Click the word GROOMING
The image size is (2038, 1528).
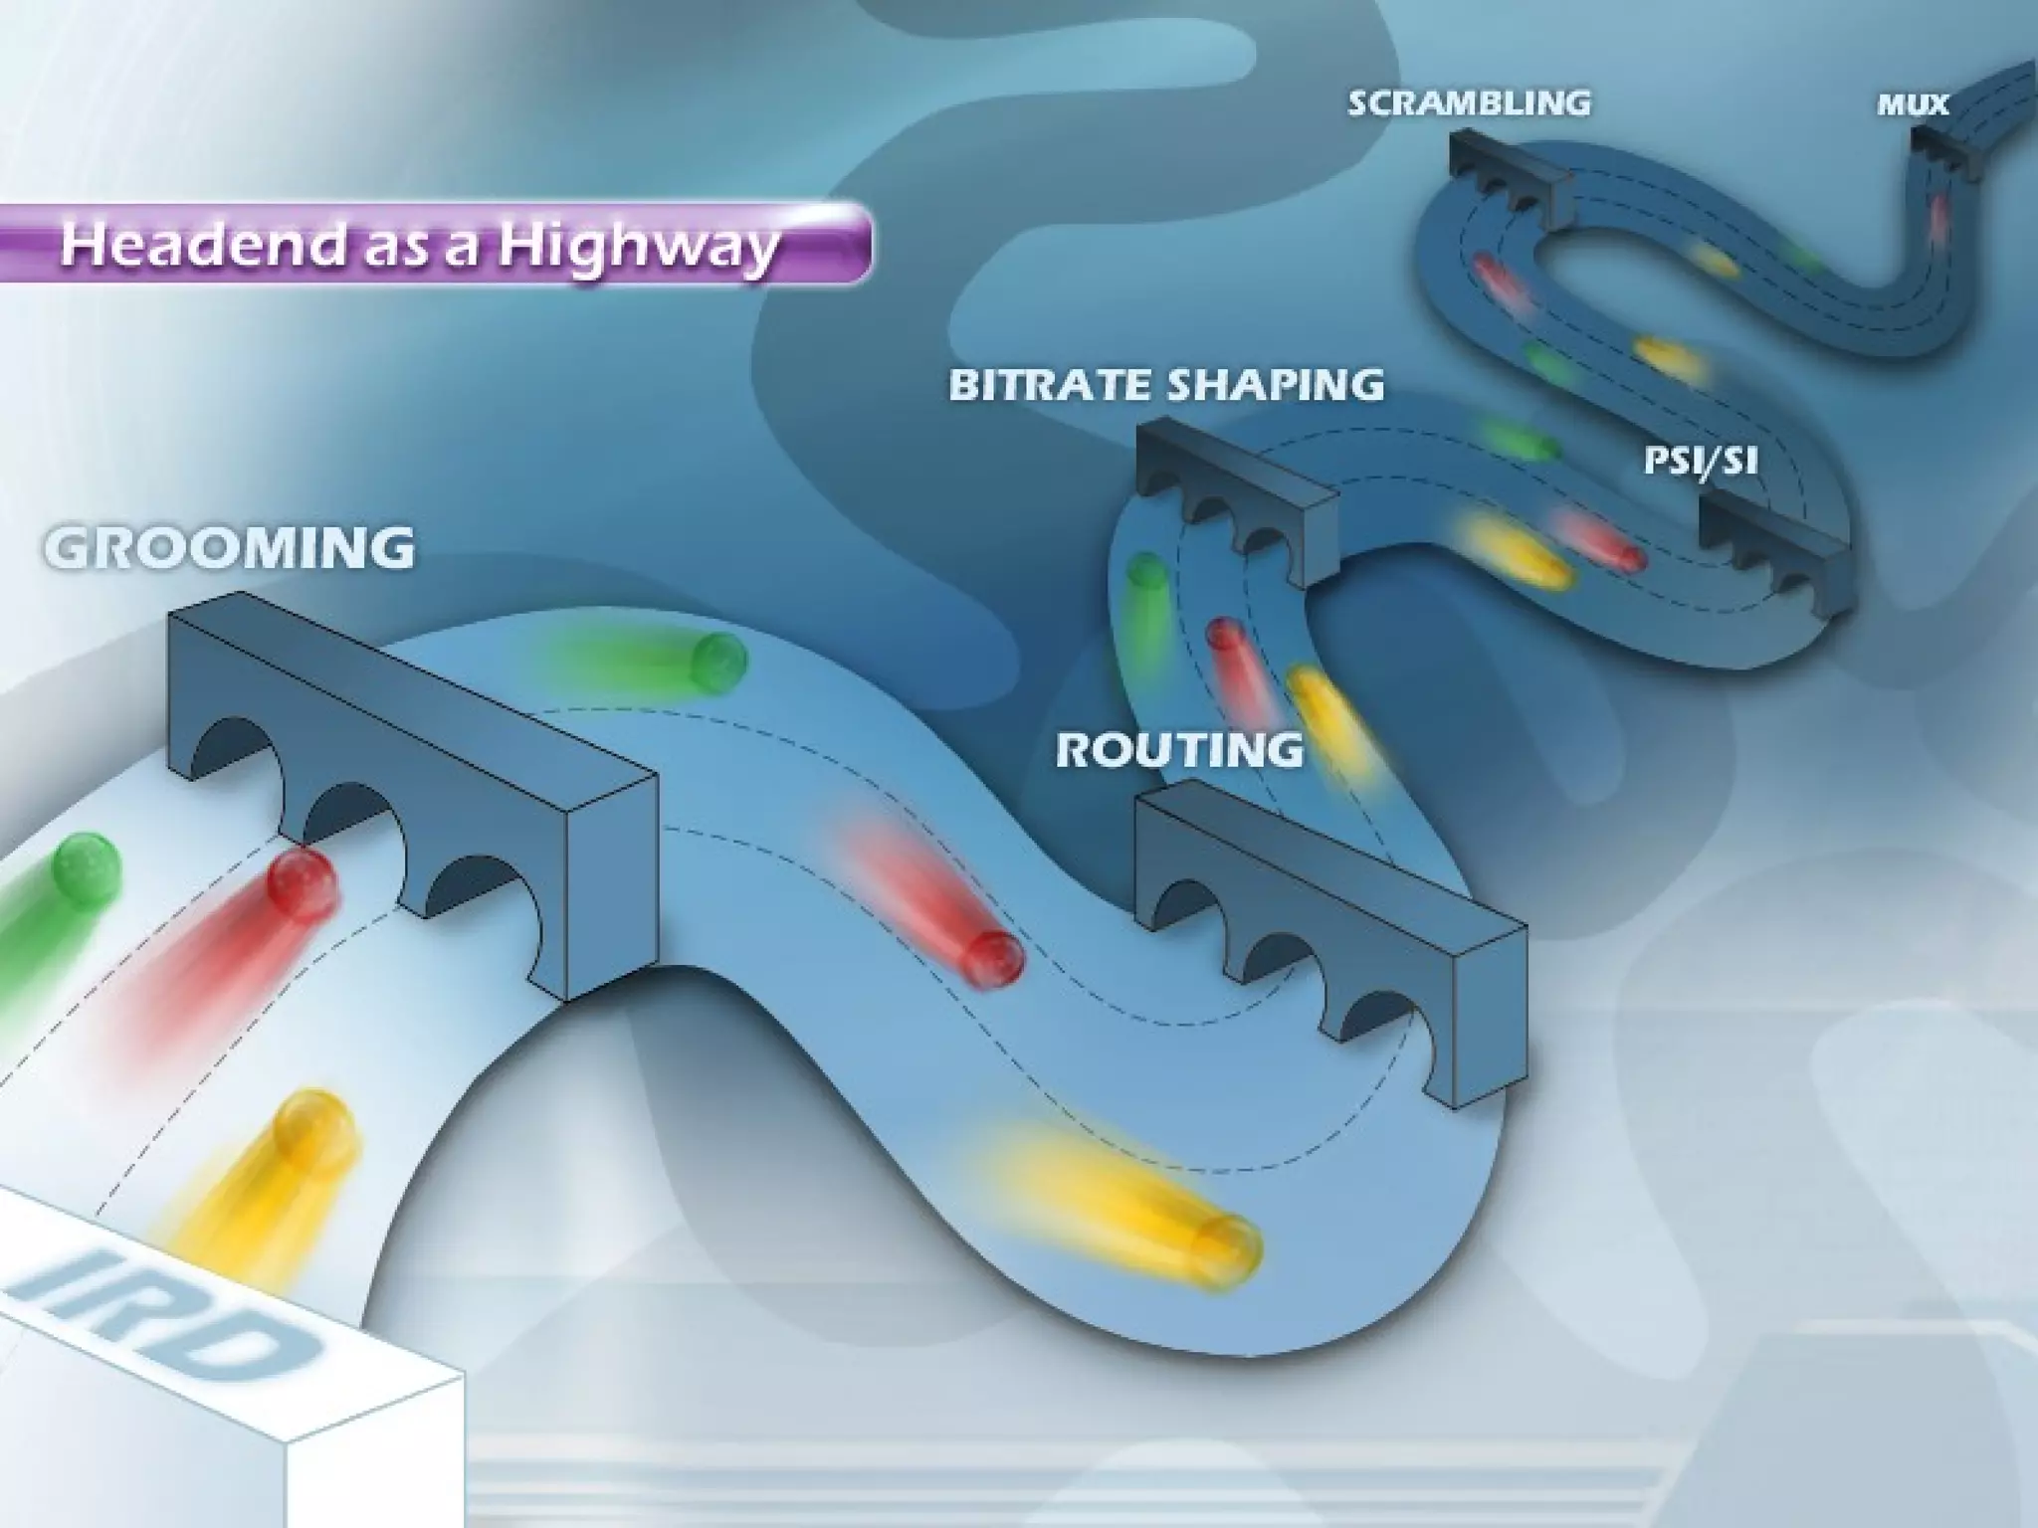point(229,547)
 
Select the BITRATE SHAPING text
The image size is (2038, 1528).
point(1166,384)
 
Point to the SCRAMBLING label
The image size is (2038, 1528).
point(1469,102)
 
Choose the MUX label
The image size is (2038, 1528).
point(1912,104)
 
